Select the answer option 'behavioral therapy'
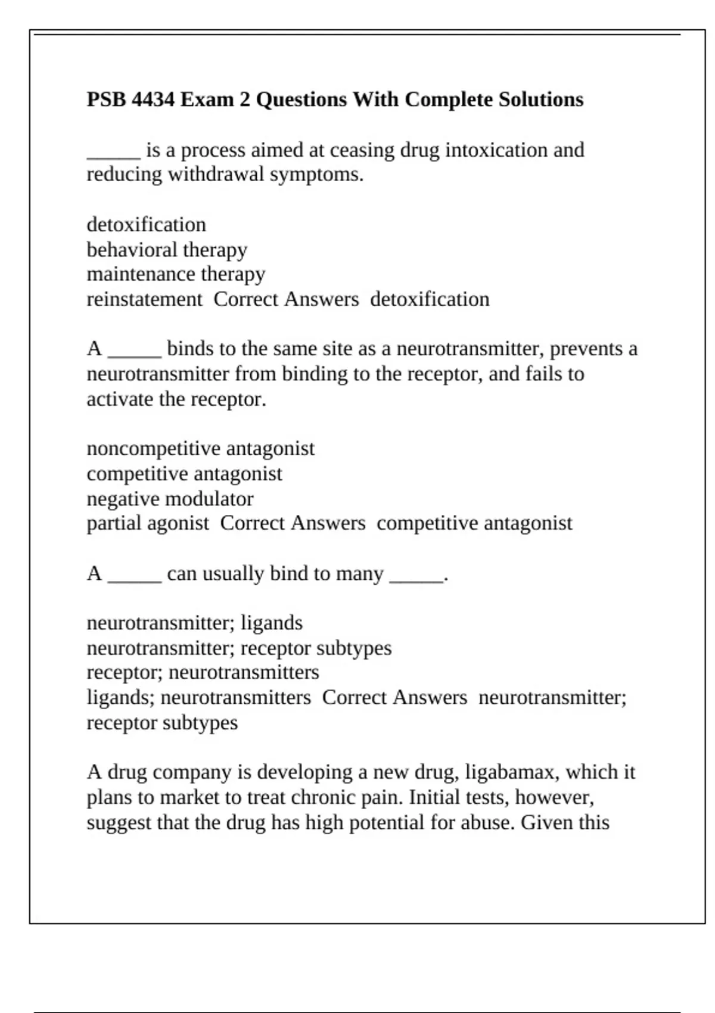(x=167, y=250)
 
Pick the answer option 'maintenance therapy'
(x=176, y=274)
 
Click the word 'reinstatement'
(x=144, y=299)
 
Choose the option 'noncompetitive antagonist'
(x=200, y=448)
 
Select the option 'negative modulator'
(x=170, y=498)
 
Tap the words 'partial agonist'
(x=148, y=523)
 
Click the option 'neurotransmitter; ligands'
(x=194, y=623)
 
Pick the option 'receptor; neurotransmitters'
(x=203, y=672)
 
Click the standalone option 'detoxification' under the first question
(x=146, y=225)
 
